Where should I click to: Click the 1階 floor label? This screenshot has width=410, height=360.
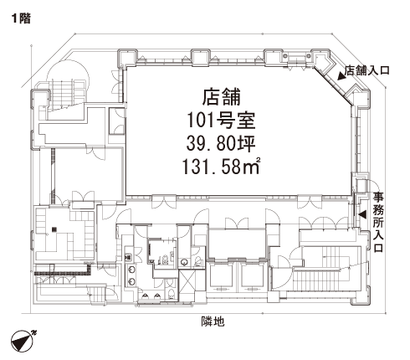pyautogui.click(x=21, y=18)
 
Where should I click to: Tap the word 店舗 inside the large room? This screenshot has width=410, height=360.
pyautogui.click(x=221, y=97)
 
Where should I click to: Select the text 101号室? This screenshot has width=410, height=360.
pyautogui.click(x=221, y=121)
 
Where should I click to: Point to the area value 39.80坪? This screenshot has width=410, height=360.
pyautogui.click(x=221, y=144)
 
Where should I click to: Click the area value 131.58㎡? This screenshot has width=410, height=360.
pyautogui.click(x=222, y=166)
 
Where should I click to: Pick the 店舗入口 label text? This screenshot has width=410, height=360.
pyautogui.click(x=367, y=70)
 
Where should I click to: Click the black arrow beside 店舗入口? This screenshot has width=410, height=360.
pyautogui.click(x=341, y=76)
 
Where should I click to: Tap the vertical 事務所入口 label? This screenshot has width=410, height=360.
pyautogui.click(x=378, y=223)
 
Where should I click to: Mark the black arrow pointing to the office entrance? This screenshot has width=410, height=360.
pyautogui.click(x=362, y=214)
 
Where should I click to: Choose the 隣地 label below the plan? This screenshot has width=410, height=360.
pyautogui.click(x=213, y=321)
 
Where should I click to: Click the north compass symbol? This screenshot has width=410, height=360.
pyautogui.click(x=23, y=341)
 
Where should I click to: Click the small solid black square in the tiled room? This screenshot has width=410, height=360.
pyautogui.click(x=54, y=229)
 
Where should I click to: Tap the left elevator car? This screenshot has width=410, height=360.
pyautogui.click(x=222, y=278)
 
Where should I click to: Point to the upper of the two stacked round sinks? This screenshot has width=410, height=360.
pyautogui.click(x=131, y=270)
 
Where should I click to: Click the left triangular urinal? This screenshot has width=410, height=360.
pyautogui.click(x=146, y=296)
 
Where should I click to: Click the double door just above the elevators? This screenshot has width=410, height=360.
pyautogui.click(x=237, y=224)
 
